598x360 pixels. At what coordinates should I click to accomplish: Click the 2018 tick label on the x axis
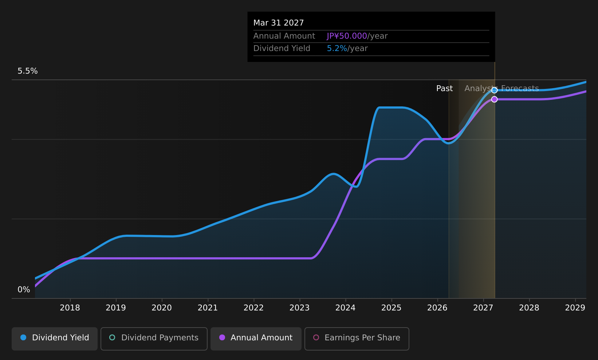point(70,308)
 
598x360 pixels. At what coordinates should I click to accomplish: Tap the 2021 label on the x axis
point(208,308)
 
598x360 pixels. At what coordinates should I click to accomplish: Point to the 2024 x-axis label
point(346,308)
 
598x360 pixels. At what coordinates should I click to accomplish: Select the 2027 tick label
point(483,308)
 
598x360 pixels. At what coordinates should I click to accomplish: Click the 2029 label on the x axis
point(575,308)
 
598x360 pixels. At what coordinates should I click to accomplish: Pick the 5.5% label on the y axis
point(28,71)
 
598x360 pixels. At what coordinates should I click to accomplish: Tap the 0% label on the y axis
point(24,290)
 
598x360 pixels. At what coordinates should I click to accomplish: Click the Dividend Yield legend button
point(55,339)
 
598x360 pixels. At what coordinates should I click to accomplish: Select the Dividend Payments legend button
point(154,339)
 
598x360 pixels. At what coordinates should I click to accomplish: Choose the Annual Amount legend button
point(256,339)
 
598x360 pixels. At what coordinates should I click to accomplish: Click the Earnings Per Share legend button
point(357,339)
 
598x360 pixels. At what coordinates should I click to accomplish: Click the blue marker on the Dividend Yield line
point(495,90)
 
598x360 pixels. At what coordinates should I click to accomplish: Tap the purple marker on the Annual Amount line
point(495,99)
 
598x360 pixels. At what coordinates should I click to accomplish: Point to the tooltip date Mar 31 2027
point(279,23)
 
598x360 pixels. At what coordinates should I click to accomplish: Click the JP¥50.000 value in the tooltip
point(347,36)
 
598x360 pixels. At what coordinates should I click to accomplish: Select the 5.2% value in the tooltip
point(337,48)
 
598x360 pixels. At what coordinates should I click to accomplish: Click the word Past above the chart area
point(445,89)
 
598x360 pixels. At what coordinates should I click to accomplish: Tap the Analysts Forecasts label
point(501,89)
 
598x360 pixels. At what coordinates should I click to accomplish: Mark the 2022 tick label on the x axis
point(253,308)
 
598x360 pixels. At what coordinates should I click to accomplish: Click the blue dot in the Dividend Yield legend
point(24,337)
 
